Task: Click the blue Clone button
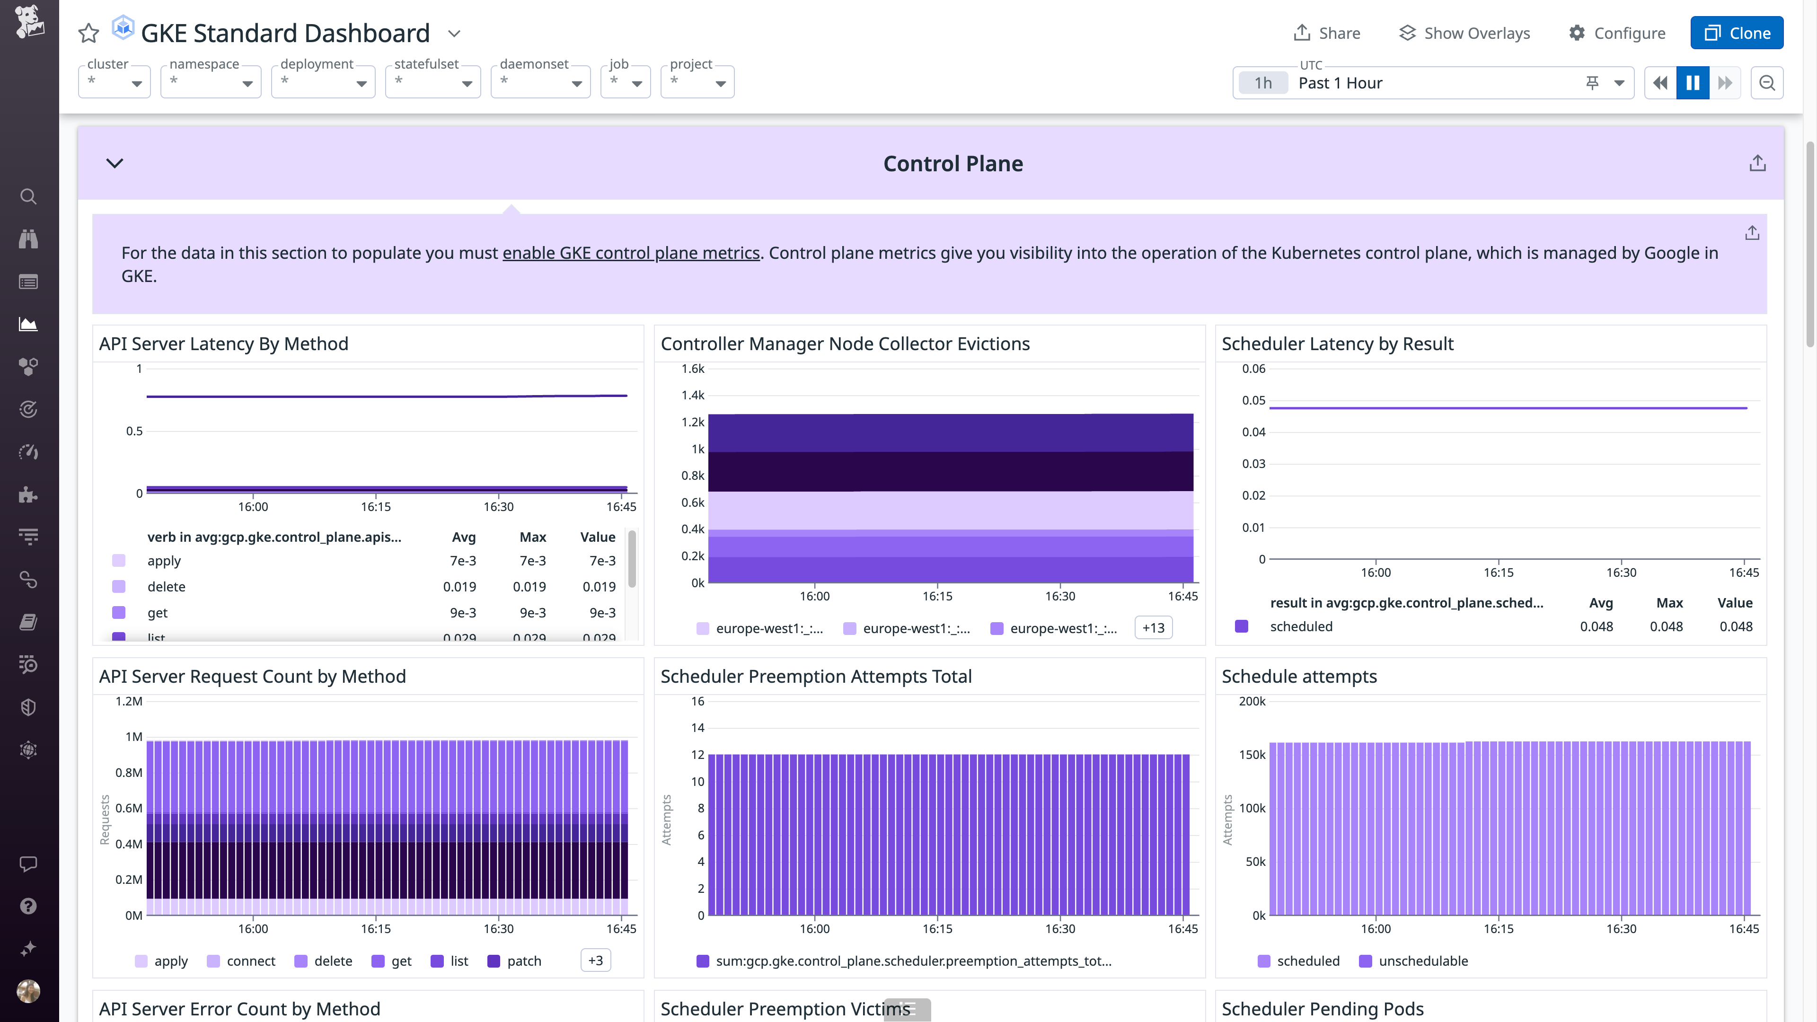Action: pyautogui.click(x=1736, y=33)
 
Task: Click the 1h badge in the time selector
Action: pyautogui.click(x=1262, y=83)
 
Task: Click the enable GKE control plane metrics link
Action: pyautogui.click(x=631, y=253)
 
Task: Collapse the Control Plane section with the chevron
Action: pyautogui.click(x=114, y=164)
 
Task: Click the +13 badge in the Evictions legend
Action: pyautogui.click(x=1153, y=628)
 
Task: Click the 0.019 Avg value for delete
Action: pyautogui.click(x=459, y=587)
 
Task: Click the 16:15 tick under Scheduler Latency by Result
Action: pyautogui.click(x=1498, y=573)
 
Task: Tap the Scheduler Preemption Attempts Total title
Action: pyautogui.click(x=815, y=677)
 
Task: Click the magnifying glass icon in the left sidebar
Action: pyautogui.click(x=28, y=197)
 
